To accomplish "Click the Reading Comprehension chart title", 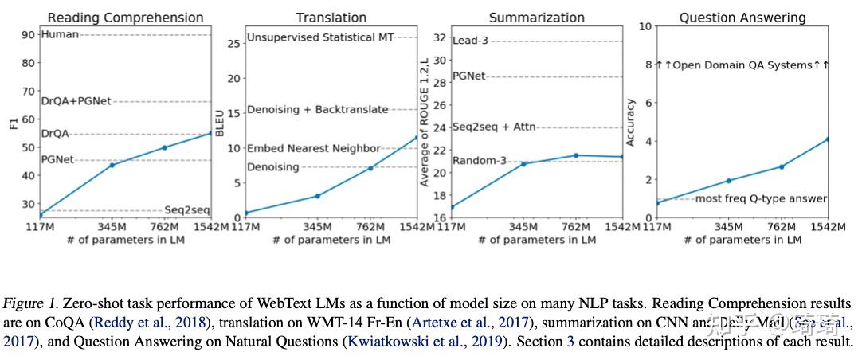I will (x=126, y=17).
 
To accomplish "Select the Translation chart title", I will (x=331, y=17).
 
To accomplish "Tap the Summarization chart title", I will (x=536, y=17).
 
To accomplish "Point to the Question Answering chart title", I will (x=742, y=17).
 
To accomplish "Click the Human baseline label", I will (x=58, y=34).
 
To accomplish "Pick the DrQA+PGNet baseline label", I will (x=76, y=101).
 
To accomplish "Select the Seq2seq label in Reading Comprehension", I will (x=187, y=210).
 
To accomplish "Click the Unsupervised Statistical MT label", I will (x=331, y=37).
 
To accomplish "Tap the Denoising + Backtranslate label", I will (x=317, y=109).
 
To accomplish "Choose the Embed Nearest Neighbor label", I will (x=313, y=148).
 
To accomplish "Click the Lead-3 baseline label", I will (x=470, y=41).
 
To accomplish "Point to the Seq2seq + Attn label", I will (x=494, y=127).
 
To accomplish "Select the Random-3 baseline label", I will (x=480, y=161).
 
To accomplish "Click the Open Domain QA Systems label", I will (x=742, y=65).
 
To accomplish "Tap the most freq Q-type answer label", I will (x=761, y=198).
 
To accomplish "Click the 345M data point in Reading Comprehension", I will (x=112, y=165).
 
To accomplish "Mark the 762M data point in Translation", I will (x=370, y=168).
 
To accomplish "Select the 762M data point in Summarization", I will (x=576, y=155).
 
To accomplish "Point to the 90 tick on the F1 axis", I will (x=29, y=34).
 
